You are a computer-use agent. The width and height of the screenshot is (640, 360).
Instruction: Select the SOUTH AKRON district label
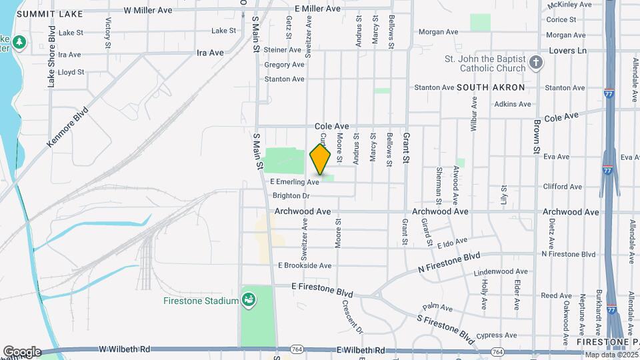coord(491,87)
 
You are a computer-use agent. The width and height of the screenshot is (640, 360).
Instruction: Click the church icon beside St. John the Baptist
coord(536,64)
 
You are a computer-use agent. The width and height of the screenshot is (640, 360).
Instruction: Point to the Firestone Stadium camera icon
coord(249,301)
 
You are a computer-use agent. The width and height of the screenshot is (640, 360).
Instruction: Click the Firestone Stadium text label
coord(201,301)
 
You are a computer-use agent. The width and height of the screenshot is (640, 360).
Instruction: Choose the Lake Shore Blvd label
coord(51,57)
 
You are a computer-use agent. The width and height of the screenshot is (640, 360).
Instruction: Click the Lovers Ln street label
coord(567,50)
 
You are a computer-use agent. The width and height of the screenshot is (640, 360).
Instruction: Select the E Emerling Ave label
coord(295,182)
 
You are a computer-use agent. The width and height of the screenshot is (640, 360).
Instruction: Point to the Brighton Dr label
coord(291,196)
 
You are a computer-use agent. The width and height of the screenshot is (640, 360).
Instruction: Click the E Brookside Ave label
coord(305,265)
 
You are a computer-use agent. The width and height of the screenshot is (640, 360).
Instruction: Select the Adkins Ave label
coord(513,104)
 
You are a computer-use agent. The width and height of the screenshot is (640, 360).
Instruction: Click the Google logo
coord(22,351)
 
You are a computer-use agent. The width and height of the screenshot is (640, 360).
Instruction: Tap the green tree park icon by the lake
coord(20,43)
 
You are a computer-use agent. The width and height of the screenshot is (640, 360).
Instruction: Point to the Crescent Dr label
coord(351,316)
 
